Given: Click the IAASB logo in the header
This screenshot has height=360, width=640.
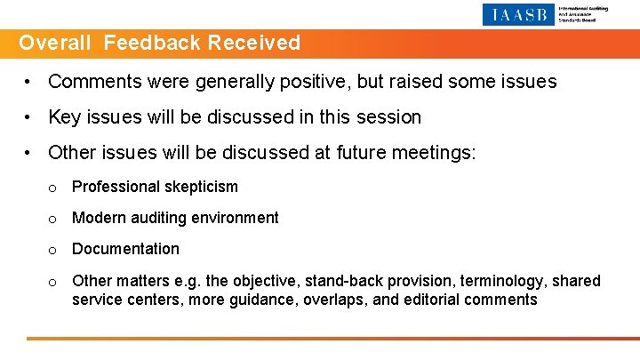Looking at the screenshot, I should point(519,14).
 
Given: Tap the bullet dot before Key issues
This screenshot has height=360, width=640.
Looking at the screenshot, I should point(29,117).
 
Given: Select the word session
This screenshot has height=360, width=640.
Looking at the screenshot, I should point(388,117).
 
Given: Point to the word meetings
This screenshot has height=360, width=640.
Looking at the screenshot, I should point(437,153).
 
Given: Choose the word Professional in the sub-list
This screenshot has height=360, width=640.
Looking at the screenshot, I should point(114,187).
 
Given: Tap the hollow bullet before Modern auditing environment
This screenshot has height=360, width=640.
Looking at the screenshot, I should point(53,219).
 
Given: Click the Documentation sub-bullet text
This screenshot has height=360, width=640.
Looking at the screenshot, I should point(125,249).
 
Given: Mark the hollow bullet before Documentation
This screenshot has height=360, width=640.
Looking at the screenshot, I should point(53,250).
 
